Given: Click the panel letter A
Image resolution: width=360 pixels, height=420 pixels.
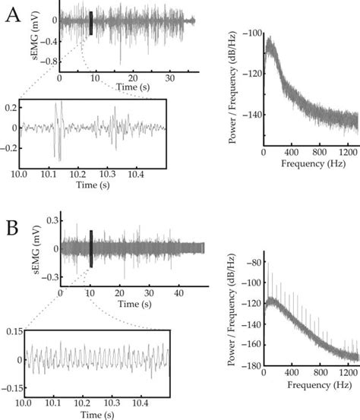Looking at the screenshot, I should pyautogui.click(x=13, y=17).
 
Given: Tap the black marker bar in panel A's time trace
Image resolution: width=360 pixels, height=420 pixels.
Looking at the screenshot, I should pyautogui.click(x=91, y=24).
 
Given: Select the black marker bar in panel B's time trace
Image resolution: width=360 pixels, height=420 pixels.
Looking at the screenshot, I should pyautogui.click(x=91, y=248).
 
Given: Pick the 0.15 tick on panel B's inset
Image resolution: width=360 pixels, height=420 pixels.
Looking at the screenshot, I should pyautogui.click(x=11, y=331).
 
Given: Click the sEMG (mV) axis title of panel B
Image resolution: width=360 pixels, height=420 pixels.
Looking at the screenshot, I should pyautogui.click(x=34, y=249).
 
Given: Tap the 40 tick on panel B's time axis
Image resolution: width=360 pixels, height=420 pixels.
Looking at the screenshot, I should pyautogui.click(x=179, y=292).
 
